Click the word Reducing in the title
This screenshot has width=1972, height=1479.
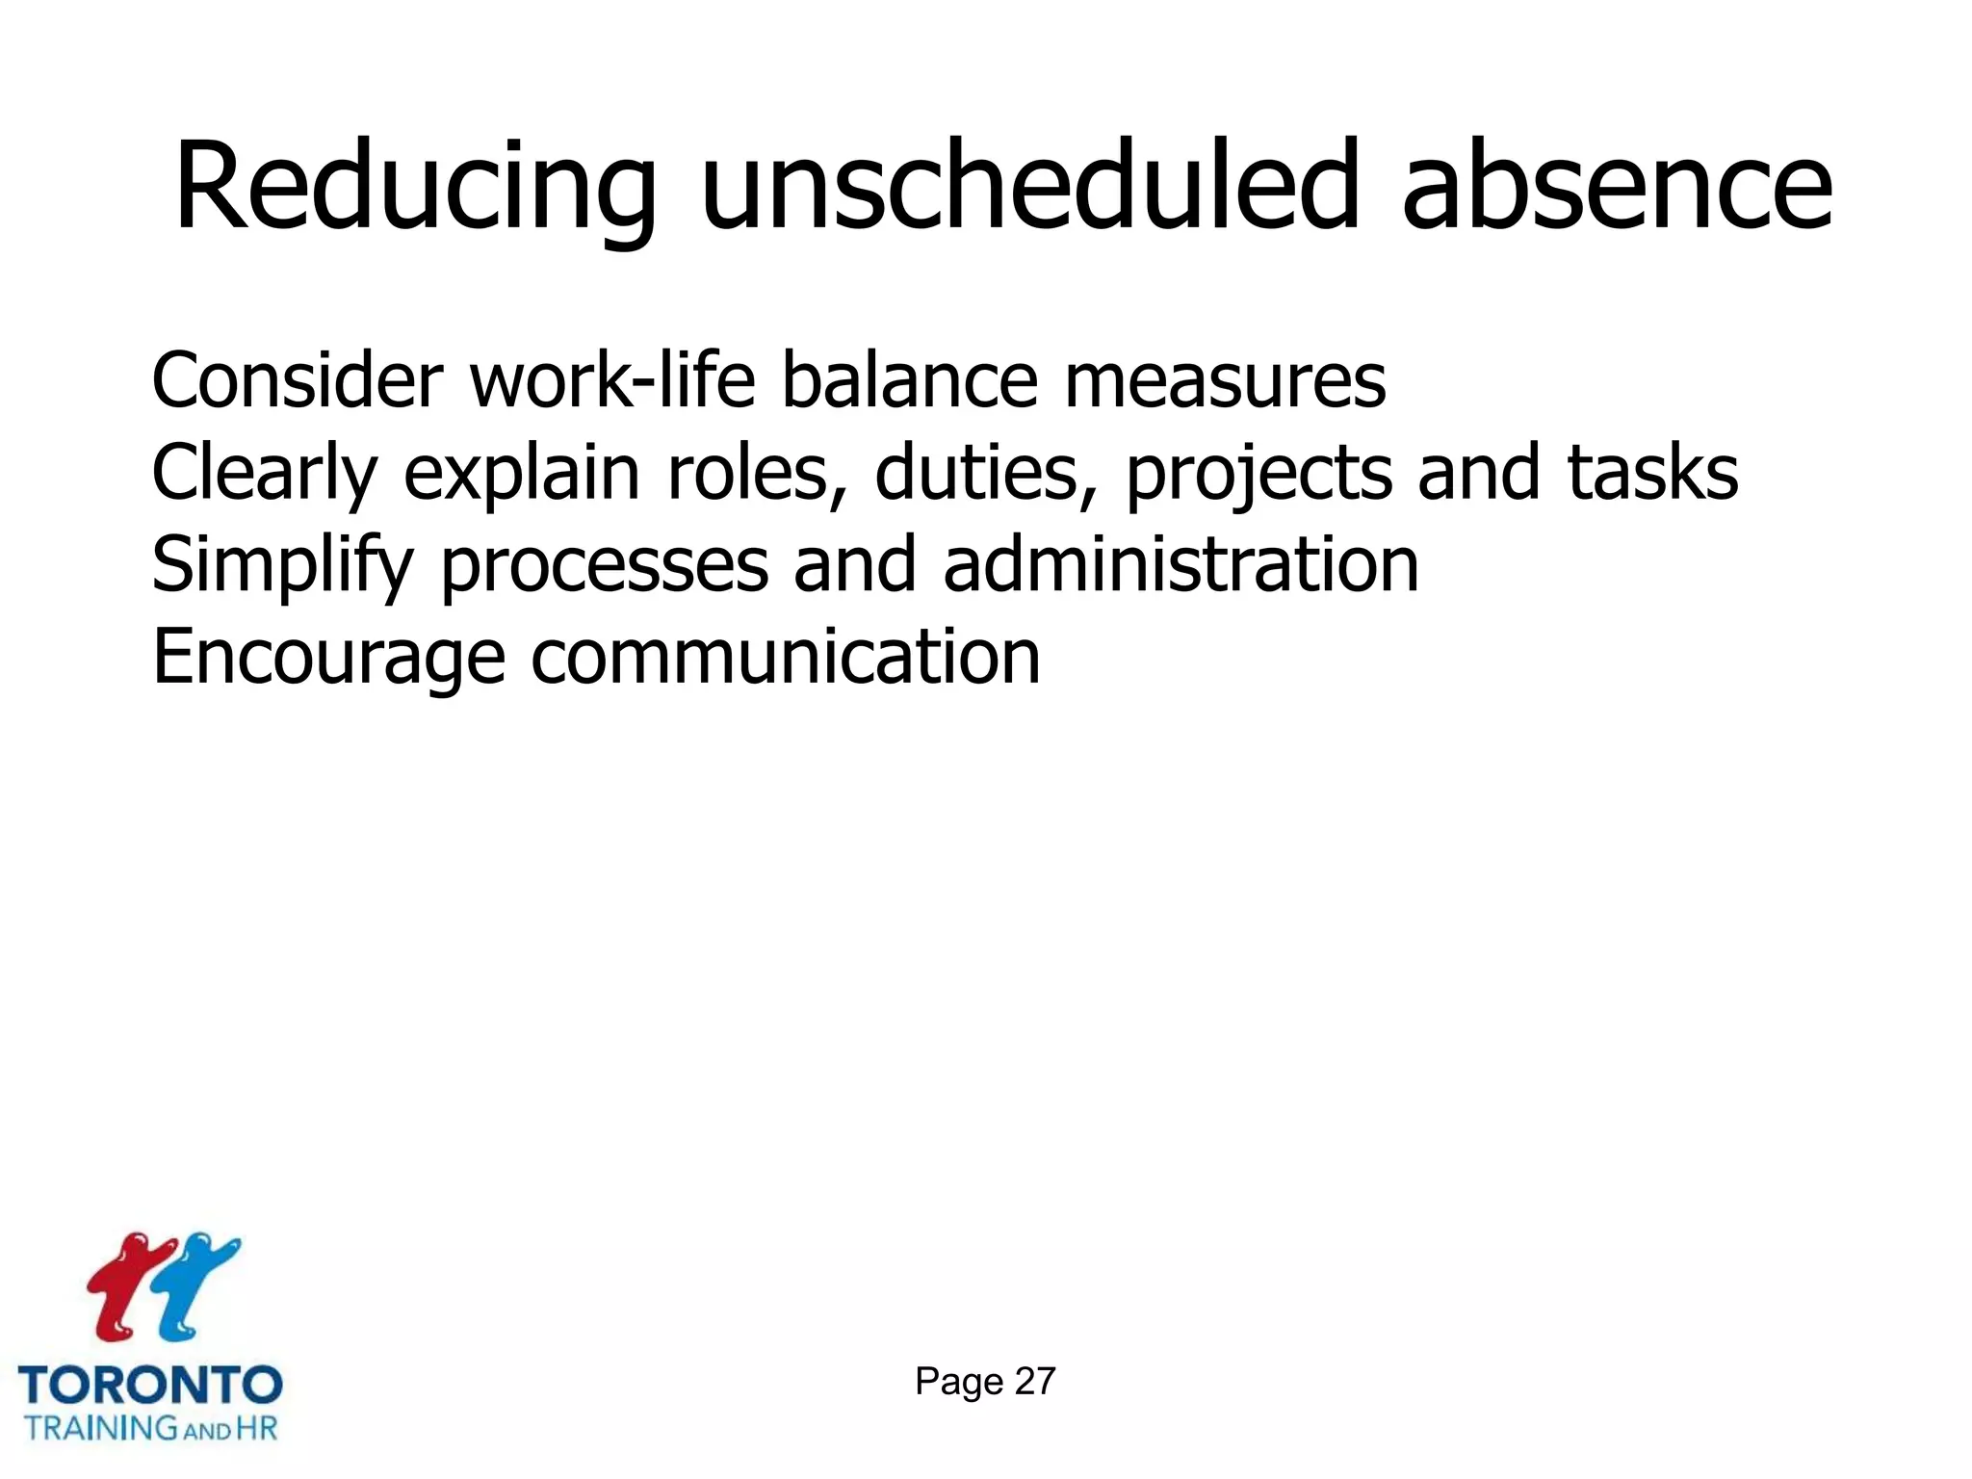pyautogui.click(x=415, y=188)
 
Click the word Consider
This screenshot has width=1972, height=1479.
pyautogui.click(x=297, y=381)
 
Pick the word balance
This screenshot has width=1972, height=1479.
pyautogui.click(x=909, y=381)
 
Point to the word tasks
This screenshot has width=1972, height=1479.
pyautogui.click(x=1652, y=473)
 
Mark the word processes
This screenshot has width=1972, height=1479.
pyautogui.click(x=605, y=567)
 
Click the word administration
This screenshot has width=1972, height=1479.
pyautogui.click(x=1181, y=565)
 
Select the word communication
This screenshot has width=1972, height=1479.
pyautogui.click(x=785, y=658)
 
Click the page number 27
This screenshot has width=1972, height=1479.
pyautogui.click(x=1035, y=1382)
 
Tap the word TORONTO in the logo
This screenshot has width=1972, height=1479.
pyautogui.click(x=150, y=1385)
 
